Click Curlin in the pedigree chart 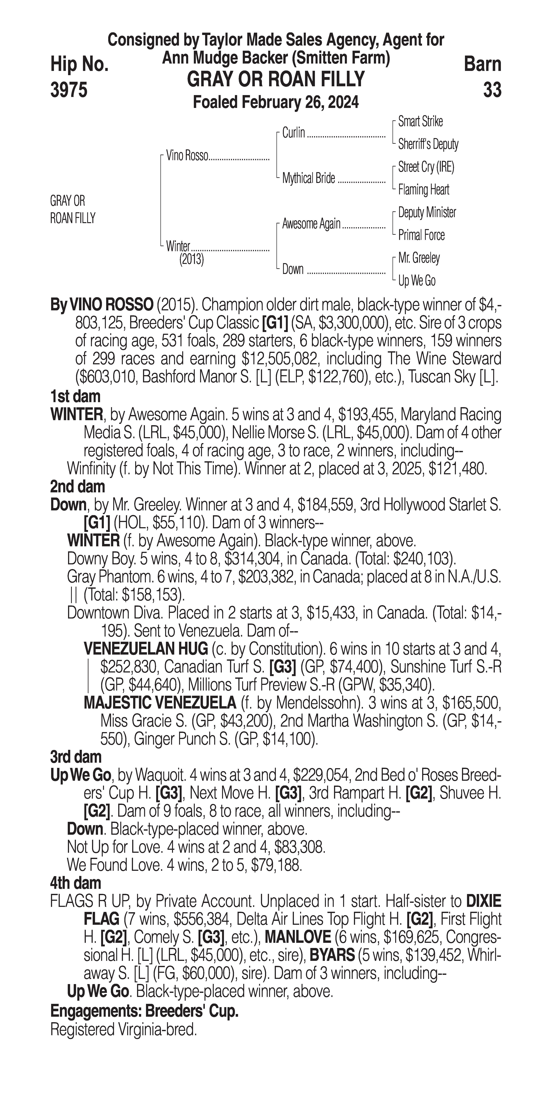[294, 133]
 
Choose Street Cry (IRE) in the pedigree [426, 167]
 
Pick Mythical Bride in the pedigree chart [308, 179]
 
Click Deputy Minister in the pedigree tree [427, 212]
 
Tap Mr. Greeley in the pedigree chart [419, 258]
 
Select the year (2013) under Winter [191, 260]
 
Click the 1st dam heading [75, 396]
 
